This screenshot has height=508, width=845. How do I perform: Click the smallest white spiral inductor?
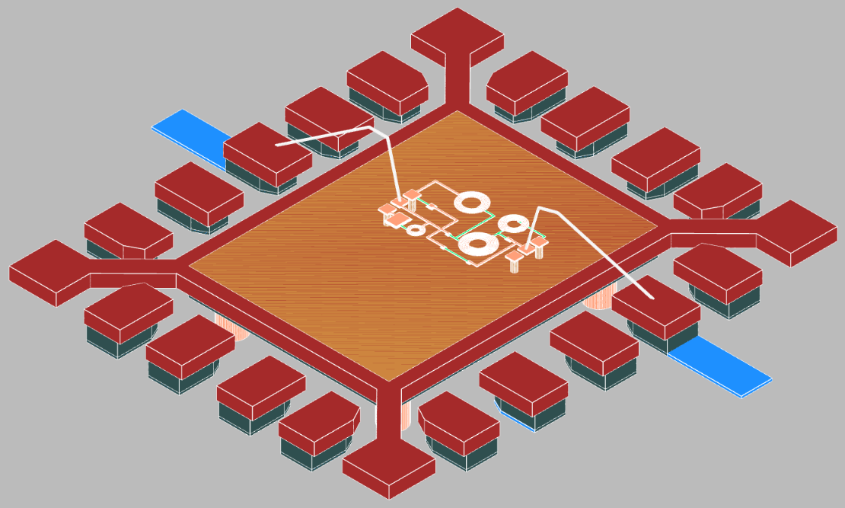tap(416, 228)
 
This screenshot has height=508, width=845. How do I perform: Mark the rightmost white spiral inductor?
tap(514, 223)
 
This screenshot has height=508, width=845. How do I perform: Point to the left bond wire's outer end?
tap(279, 143)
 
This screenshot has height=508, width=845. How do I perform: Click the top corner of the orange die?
tap(457, 111)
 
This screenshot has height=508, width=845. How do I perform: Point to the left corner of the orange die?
tap(189, 265)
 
